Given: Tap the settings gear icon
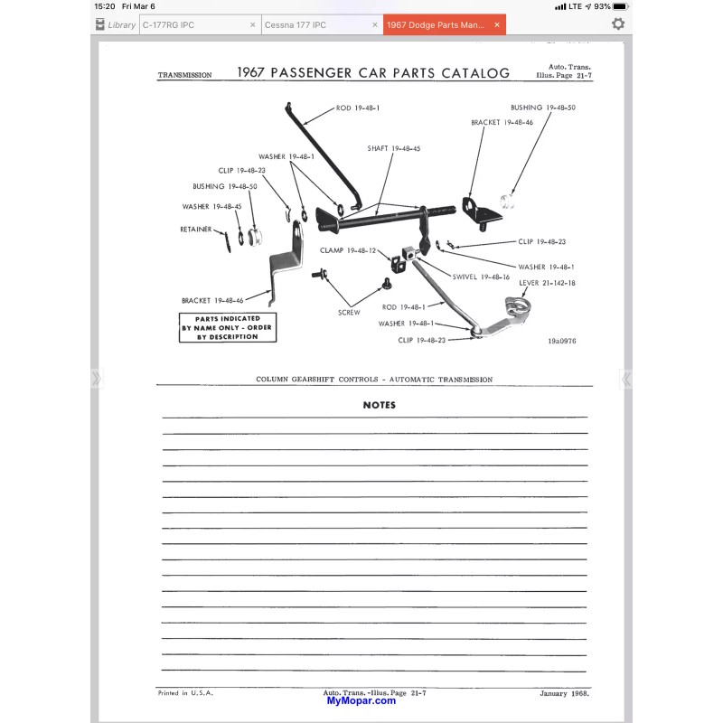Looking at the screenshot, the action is coord(618,24).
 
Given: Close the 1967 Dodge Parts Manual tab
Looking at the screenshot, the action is coord(496,25).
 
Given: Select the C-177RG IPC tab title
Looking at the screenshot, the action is coord(168,25).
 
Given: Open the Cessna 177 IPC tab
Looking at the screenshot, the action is coord(296,25).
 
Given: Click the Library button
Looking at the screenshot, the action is coord(116,24).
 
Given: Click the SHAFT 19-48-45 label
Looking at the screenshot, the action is coord(394,148).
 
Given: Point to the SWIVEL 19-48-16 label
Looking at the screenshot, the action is coord(481,277).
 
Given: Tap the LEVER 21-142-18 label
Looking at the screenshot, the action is coord(547,283).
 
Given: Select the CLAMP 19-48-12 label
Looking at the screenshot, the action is coord(348,250).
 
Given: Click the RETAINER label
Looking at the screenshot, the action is coord(196,230).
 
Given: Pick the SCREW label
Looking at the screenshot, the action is coord(349,313).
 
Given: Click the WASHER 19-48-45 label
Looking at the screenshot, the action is coord(211,207).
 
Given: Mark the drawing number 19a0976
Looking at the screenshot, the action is coord(561,341).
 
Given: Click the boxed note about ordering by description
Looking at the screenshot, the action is coord(228,328).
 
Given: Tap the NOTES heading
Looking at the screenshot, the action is coord(379,405).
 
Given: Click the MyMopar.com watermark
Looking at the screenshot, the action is coord(361,701).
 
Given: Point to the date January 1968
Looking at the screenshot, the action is coord(564,693).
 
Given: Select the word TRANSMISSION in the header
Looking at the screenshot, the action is coord(184,75).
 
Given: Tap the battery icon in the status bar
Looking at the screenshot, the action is coord(621,6).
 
